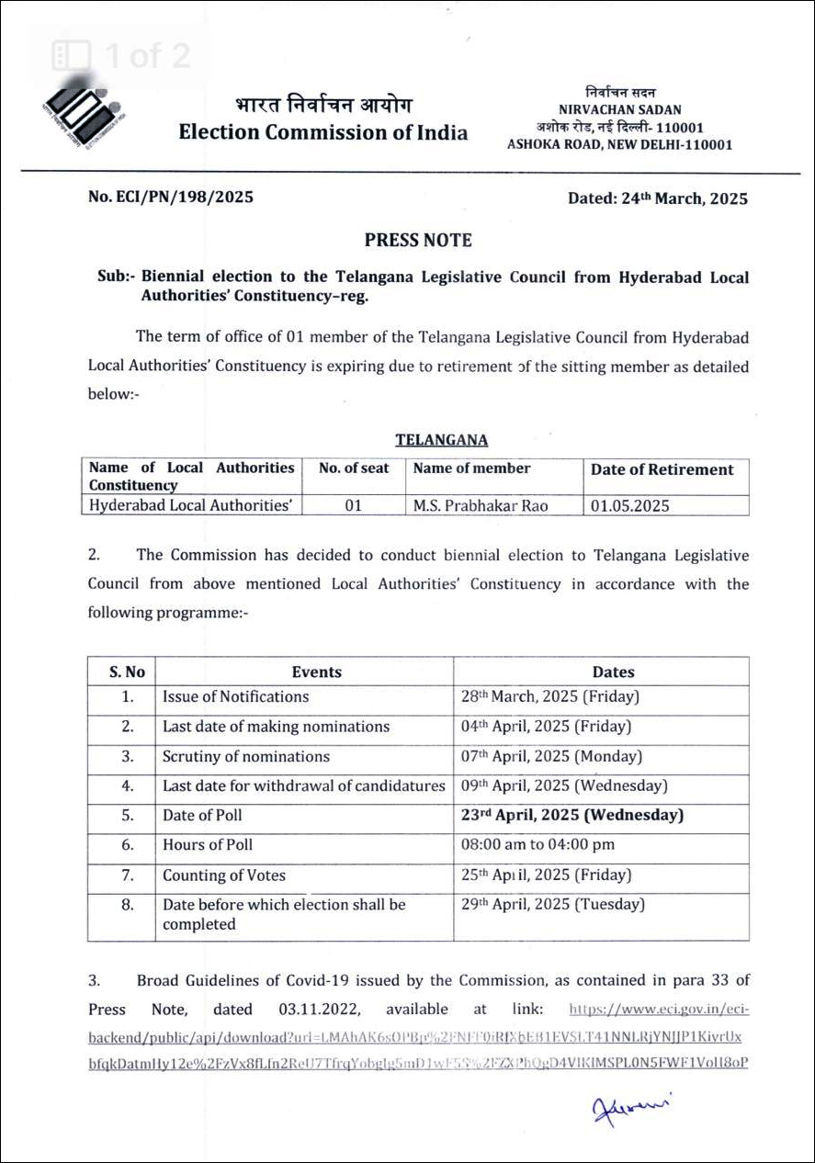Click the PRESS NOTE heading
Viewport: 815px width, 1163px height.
point(418,241)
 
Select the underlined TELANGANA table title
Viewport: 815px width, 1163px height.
point(442,441)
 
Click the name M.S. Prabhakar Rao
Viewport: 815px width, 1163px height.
point(481,505)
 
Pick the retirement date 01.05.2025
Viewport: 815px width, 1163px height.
point(630,505)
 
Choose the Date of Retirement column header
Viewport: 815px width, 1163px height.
point(662,469)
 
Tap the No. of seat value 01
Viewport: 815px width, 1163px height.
point(353,505)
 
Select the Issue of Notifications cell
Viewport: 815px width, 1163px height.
point(236,696)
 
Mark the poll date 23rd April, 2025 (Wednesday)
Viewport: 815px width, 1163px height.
point(572,815)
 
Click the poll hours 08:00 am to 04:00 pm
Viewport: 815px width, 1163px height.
point(538,844)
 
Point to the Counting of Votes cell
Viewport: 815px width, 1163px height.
point(224,875)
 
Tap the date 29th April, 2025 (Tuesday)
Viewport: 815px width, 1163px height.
point(553,905)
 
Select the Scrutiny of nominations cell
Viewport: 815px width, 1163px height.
point(246,757)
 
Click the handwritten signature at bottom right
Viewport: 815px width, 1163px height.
point(632,1108)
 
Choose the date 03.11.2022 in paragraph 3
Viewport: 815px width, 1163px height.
point(316,1009)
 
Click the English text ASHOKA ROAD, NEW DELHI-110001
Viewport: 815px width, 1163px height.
point(620,144)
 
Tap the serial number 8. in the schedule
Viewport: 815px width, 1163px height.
point(128,905)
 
